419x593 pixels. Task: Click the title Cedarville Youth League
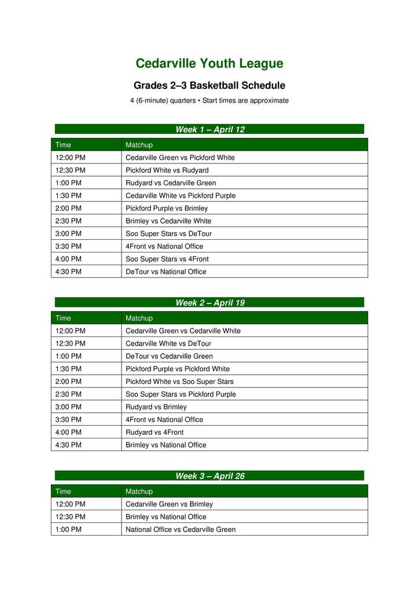pos(209,64)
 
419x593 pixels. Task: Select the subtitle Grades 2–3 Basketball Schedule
pos(209,86)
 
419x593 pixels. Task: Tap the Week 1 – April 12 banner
pos(209,129)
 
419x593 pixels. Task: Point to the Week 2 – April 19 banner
pos(209,302)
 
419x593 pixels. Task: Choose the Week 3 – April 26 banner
pos(209,475)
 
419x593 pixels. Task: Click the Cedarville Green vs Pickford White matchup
pos(180,158)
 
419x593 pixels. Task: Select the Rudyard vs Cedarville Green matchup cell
pos(171,183)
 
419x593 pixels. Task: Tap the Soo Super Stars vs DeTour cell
pos(168,233)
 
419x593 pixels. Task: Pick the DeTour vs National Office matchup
pos(166,272)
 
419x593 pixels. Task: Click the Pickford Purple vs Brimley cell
pos(167,208)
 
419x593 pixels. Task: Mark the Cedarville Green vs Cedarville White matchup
pos(183,331)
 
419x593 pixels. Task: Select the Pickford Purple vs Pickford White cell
pos(178,369)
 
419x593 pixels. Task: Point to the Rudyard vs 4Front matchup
pos(155,432)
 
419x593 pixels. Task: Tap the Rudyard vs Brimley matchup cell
pos(156,407)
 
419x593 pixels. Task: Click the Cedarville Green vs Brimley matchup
pos(169,504)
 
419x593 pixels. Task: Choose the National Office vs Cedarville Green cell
pos(181,529)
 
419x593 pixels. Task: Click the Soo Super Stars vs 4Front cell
pos(167,259)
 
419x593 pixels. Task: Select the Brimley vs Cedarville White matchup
pos(168,221)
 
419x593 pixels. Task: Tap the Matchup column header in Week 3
pos(139,491)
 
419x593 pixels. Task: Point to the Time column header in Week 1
pos(63,145)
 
